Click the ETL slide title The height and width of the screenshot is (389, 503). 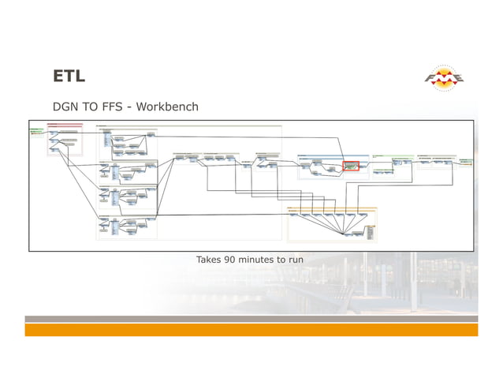pyautogui.click(x=69, y=76)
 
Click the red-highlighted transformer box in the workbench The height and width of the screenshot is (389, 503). pyautogui.click(x=351, y=166)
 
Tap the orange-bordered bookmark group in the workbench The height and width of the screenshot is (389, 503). pyautogui.click(x=332, y=223)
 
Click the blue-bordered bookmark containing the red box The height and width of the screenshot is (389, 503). pyautogui.click(x=331, y=166)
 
